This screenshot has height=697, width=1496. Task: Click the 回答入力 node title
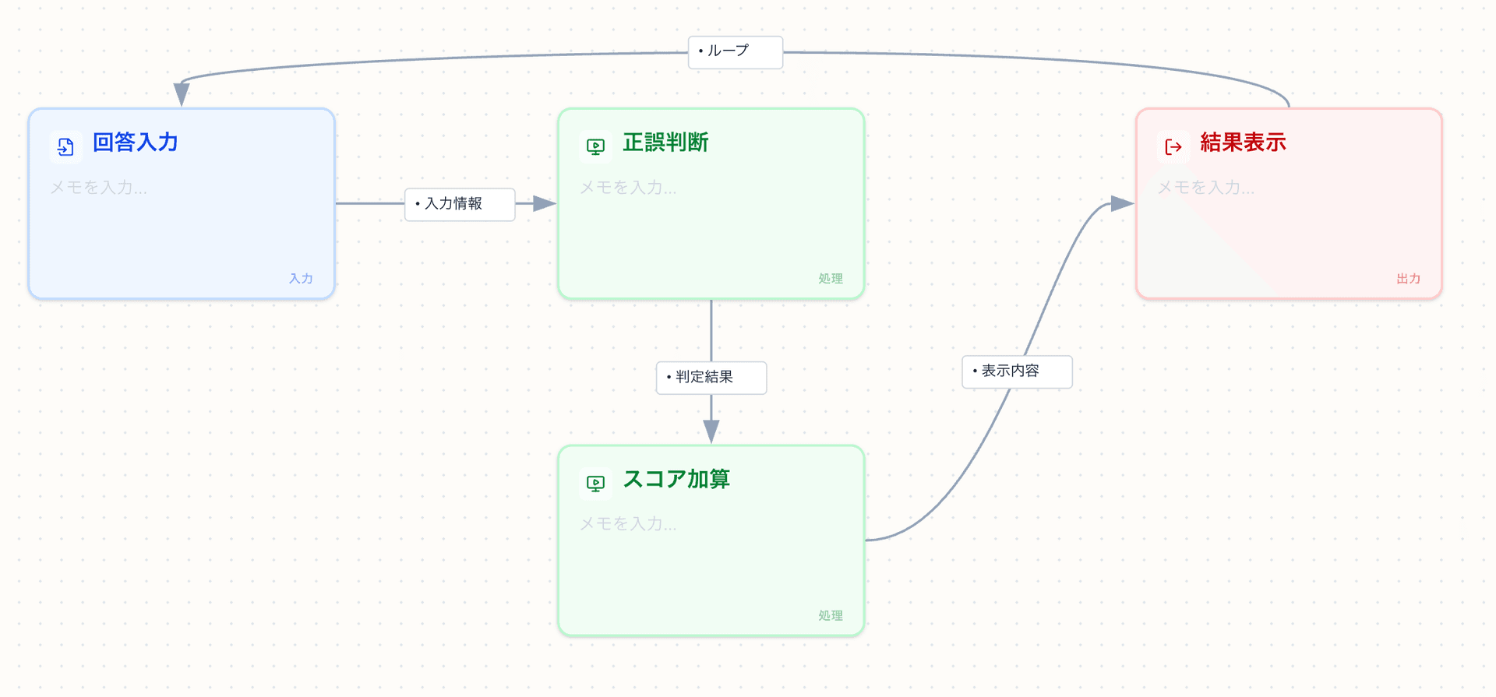[136, 143]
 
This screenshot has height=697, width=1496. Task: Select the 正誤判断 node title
[665, 143]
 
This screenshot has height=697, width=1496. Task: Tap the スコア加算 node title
[676, 479]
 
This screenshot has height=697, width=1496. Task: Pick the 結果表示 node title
[1243, 143]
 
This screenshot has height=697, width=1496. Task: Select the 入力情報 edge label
[459, 204]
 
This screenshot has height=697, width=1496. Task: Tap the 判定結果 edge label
[711, 378]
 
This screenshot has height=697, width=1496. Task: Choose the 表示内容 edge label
[1017, 371]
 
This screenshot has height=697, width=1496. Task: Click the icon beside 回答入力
[66, 146]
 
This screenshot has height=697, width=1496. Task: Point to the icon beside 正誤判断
[596, 146]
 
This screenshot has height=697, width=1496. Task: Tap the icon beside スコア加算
[596, 483]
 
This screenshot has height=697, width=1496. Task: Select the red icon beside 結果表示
[1173, 146]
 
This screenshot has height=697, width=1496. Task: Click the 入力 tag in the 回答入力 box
[301, 279]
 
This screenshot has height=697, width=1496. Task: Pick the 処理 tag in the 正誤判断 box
[831, 279]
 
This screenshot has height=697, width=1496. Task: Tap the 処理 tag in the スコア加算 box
[831, 615]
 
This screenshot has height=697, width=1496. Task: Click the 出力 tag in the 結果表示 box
[1408, 279]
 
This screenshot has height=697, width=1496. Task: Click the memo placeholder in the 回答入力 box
[99, 188]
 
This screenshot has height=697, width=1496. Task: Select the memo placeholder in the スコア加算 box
[629, 524]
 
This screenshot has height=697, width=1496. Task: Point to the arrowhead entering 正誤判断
[545, 204]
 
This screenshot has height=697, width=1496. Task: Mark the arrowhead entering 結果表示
[1122, 204]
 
